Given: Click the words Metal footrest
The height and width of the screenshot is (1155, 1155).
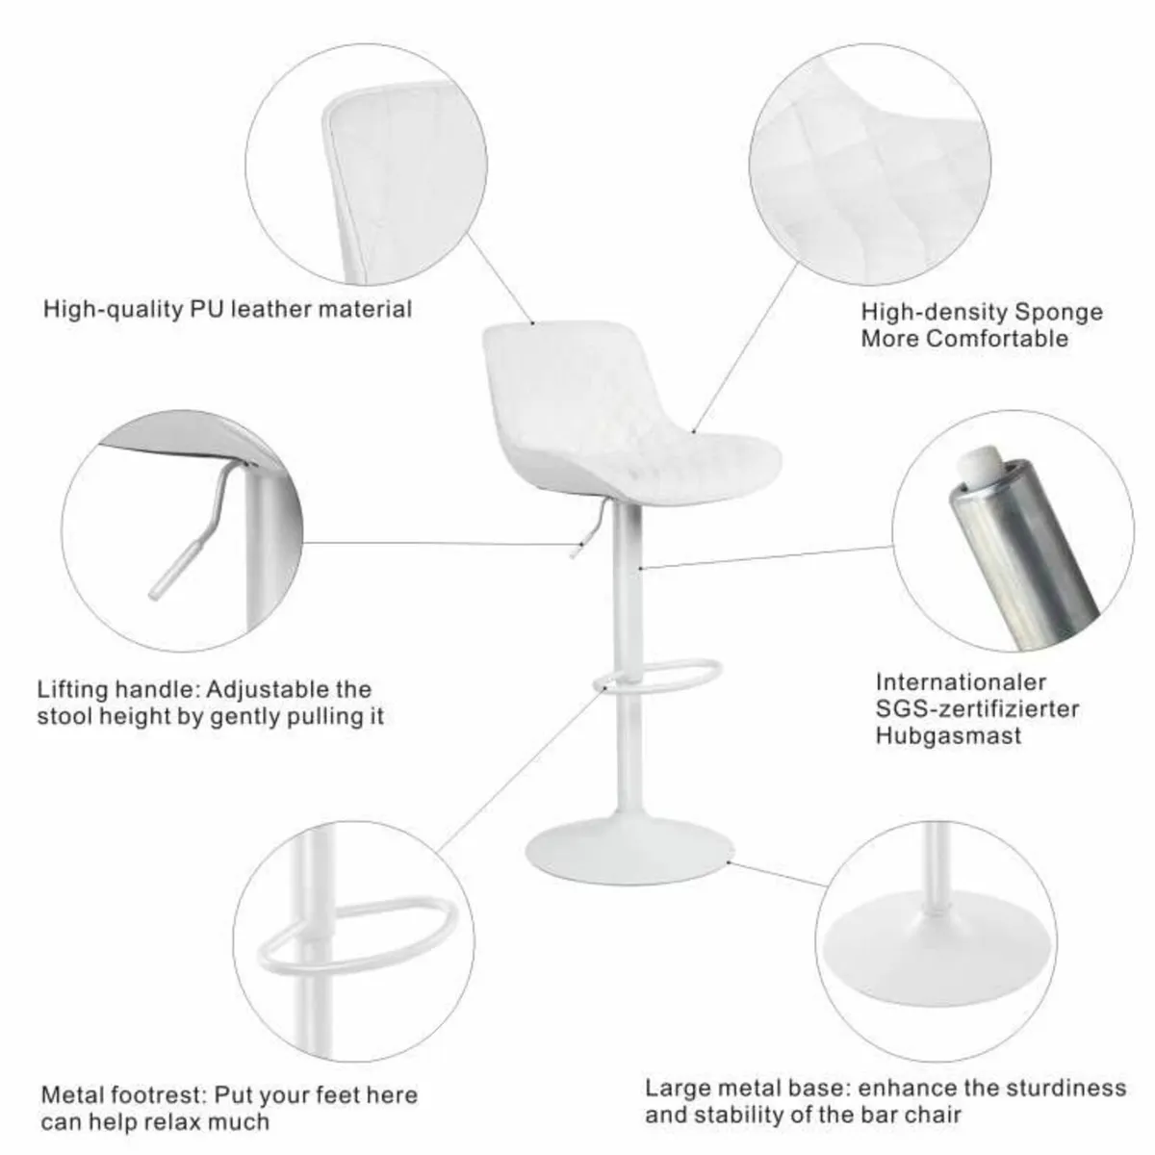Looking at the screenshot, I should click(122, 1095).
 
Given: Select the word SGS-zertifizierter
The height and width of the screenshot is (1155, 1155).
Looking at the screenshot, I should click(977, 708).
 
